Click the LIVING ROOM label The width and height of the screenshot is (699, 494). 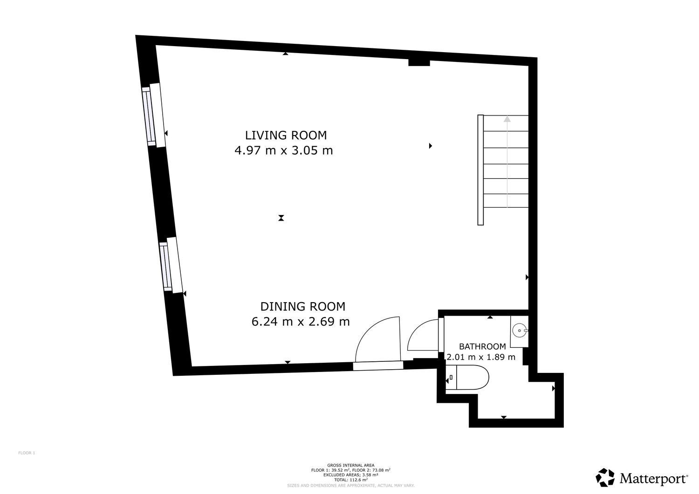tap(286, 135)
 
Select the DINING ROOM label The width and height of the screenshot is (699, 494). tap(302, 306)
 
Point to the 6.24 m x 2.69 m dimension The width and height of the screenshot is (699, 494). tap(301, 322)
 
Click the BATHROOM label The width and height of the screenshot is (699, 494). tap(482, 346)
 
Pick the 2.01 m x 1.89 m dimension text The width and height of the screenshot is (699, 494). tap(481, 357)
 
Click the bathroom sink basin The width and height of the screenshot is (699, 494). tap(519, 331)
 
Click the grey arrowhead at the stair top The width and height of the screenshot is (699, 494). tap(507, 119)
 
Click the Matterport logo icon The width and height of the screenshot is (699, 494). tap(605, 478)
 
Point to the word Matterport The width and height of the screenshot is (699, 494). tap(653, 478)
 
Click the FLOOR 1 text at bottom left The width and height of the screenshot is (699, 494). tap(27, 453)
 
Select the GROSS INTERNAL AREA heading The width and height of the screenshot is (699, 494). tap(350, 465)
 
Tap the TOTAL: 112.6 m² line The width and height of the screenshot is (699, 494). tap(350, 480)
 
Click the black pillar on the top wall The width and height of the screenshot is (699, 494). tap(418, 62)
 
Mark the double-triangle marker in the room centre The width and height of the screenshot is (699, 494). tap(281, 217)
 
